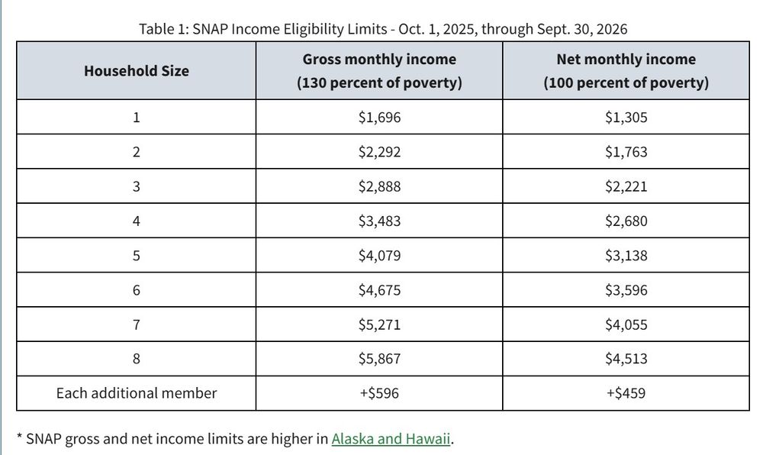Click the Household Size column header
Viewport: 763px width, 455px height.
click(x=136, y=71)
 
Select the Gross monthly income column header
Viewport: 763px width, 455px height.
click(x=379, y=71)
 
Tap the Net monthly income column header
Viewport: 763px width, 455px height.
click(x=626, y=71)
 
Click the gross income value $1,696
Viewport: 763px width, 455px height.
click(x=379, y=118)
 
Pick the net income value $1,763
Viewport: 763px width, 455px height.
click(x=626, y=152)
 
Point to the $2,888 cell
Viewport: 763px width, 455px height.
click(x=379, y=186)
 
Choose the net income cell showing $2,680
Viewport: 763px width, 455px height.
click(x=626, y=221)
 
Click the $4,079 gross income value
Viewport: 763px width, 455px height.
click(x=379, y=256)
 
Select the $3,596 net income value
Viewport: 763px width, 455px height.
click(x=626, y=290)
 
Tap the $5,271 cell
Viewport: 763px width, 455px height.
click(x=379, y=324)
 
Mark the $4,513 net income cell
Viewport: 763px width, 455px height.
click(x=626, y=359)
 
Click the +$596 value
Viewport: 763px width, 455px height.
click(x=379, y=393)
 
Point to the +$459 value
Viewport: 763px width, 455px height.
click(x=626, y=393)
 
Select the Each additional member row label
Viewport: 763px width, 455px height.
click(x=136, y=393)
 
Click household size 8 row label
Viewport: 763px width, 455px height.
click(x=136, y=359)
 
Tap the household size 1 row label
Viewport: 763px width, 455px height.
click(x=136, y=118)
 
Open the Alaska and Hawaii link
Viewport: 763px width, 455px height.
click(x=391, y=439)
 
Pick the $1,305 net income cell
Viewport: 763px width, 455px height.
click(x=626, y=118)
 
